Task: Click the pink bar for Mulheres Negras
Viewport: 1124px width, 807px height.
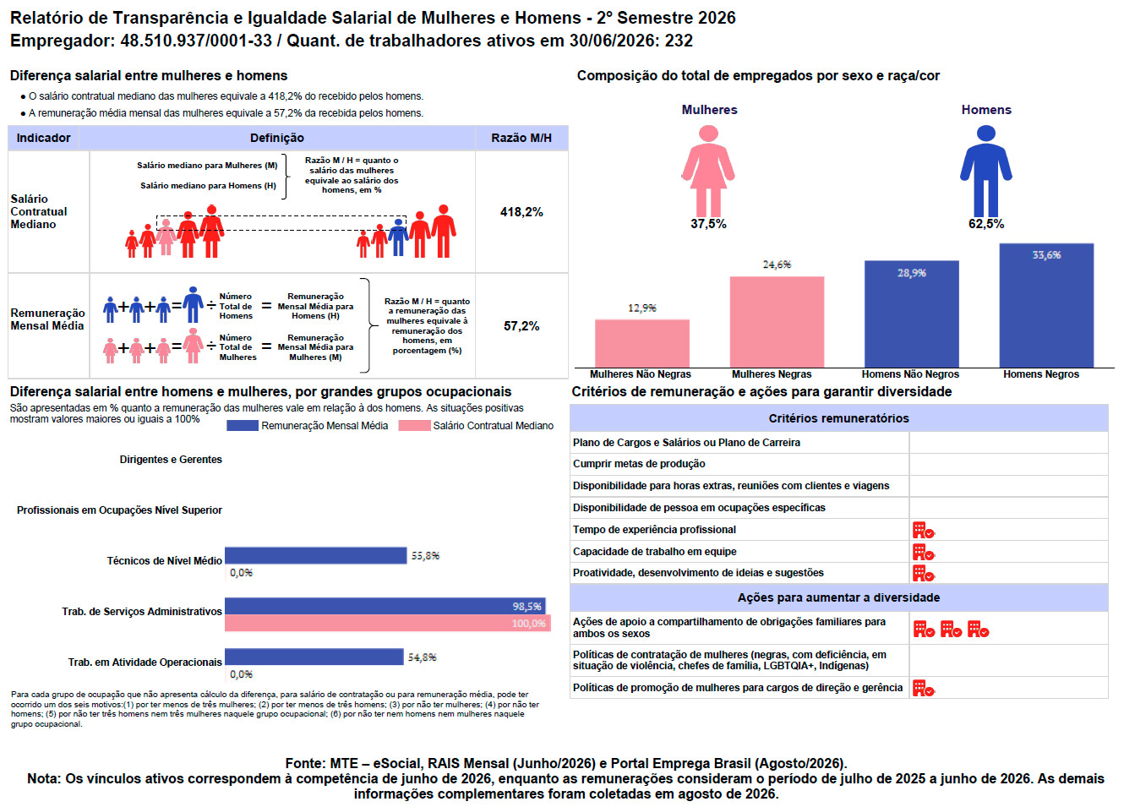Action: [777, 322]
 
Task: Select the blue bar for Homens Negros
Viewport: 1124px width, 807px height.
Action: [1046, 306]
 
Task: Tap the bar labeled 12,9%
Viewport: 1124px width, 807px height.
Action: [641, 343]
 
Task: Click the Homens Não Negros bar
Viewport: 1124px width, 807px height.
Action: [911, 314]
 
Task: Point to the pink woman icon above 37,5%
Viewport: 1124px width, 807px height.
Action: [708, 171]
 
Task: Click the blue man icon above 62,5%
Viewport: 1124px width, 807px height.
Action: [986, 171]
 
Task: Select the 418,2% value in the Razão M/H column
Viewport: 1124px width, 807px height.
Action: [521, 212]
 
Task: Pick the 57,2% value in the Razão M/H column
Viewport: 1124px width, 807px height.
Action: [521, 326]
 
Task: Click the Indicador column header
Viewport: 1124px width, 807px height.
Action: [44, 138]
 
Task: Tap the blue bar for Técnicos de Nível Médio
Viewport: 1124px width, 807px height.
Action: [315, 555]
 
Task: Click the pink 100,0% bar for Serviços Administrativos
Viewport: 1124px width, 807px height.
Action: [387, 623]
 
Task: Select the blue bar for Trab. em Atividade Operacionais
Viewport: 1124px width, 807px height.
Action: [314, 657]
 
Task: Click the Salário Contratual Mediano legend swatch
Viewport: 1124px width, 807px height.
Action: [414, 426]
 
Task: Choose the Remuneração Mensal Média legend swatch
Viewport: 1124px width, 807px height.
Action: [243, 426]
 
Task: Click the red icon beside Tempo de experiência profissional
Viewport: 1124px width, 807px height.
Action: [923, 530]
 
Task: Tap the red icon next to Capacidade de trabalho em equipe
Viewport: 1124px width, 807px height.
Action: [923, 552]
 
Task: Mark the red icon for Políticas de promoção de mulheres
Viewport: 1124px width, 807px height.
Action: [923, 688]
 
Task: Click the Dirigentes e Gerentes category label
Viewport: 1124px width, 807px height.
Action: [171, 460]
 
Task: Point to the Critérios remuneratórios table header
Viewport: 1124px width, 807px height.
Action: [838, 418]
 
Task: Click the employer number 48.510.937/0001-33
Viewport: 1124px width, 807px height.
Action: [196, 41]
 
